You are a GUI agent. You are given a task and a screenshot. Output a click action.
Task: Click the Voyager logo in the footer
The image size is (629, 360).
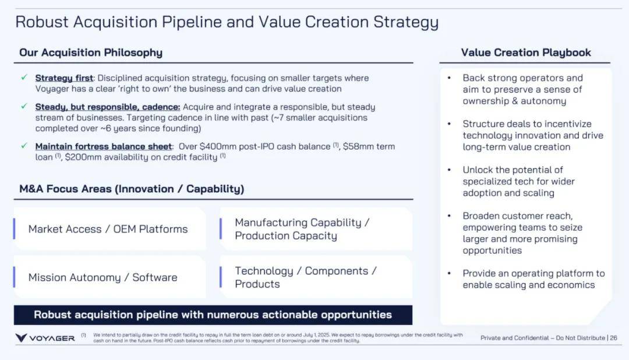pyautogui.click(x=45, y=338)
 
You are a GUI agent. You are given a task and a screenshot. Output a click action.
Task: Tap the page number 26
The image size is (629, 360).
pyautogui.click(x=614, y=338)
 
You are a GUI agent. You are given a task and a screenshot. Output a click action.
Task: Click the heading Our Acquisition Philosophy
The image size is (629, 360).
pyautogui.click(x=91, y=52)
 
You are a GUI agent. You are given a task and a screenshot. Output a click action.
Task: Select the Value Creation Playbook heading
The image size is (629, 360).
pyautogui.click(x=526, y=52)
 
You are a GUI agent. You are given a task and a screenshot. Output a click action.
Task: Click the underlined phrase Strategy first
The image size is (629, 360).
pyautogui.click(x=64, y=78)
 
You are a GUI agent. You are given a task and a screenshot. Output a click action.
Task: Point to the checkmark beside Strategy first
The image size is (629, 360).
pyautogui.click(x=24, y=77)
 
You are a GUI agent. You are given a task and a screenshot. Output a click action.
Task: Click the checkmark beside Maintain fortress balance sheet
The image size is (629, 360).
pyautogui.click(x=24, y=146)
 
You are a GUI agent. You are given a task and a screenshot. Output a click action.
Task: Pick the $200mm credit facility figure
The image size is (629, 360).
pyautogui.click(x=83, y=157)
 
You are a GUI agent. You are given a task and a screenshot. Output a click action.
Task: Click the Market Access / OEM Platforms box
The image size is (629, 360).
pyautogui.click(x=109, y=229)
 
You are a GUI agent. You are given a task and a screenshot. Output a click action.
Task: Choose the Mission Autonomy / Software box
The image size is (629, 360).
pyautogui.click(x=109, y=277)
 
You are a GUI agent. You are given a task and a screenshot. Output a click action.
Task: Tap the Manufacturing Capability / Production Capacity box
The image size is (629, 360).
pyautogui.click(x=316, y=229)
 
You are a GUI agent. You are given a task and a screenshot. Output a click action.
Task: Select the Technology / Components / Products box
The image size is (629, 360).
pyautogui.click(x=316, y=277)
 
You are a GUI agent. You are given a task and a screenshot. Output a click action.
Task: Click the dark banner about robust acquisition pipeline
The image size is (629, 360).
pyautogui.click(x=213, y=315)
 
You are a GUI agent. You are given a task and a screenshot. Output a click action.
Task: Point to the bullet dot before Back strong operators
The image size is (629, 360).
pyautogui.click(x=449, y=78)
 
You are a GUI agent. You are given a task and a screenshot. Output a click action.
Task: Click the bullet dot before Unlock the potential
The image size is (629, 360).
pyautogui.click(x=449, y=170)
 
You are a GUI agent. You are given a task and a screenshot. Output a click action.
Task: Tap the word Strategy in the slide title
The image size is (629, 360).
pyautogui.click(x=406, y=23)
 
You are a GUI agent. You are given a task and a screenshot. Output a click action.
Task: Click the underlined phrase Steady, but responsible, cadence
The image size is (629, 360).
pyautogui.click(x=108, y=107)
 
